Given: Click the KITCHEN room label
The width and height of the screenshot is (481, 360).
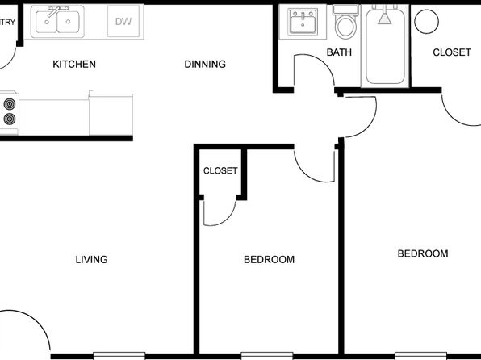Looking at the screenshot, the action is click(x=74, y=64).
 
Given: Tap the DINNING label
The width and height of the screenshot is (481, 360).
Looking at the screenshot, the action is click(x=205, y=64).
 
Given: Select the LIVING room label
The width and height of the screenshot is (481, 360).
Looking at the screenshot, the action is click(x=91, y=260).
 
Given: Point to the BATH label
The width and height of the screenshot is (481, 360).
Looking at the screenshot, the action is click(x=339, y=52).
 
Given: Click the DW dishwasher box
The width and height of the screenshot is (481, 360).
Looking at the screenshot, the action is click(x=123, y=21).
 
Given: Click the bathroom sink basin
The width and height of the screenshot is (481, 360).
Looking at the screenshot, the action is click(x=303, y=22).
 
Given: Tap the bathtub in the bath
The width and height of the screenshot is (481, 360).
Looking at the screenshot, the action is click(x=385, y=46).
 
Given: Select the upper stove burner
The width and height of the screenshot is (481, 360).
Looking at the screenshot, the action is click(x=10, y=104).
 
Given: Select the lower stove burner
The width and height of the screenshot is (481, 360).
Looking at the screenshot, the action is click(x=10, y=119).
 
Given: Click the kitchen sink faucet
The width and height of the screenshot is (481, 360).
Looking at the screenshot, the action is click(x=56, y=11).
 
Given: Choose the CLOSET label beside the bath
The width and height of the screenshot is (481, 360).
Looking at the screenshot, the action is click(x=452, y=52).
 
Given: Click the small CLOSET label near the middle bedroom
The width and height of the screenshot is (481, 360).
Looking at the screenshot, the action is click(x=220, y=170).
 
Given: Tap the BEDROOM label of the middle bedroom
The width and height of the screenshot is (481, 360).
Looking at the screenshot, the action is click(x=269, y=260).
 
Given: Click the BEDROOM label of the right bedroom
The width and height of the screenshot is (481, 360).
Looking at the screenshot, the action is click(x=423, y=253).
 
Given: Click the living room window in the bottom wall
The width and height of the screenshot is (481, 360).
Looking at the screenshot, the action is click(x=119, y=356).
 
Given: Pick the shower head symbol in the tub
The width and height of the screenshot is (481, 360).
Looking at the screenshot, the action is click(x=384, y=17).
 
